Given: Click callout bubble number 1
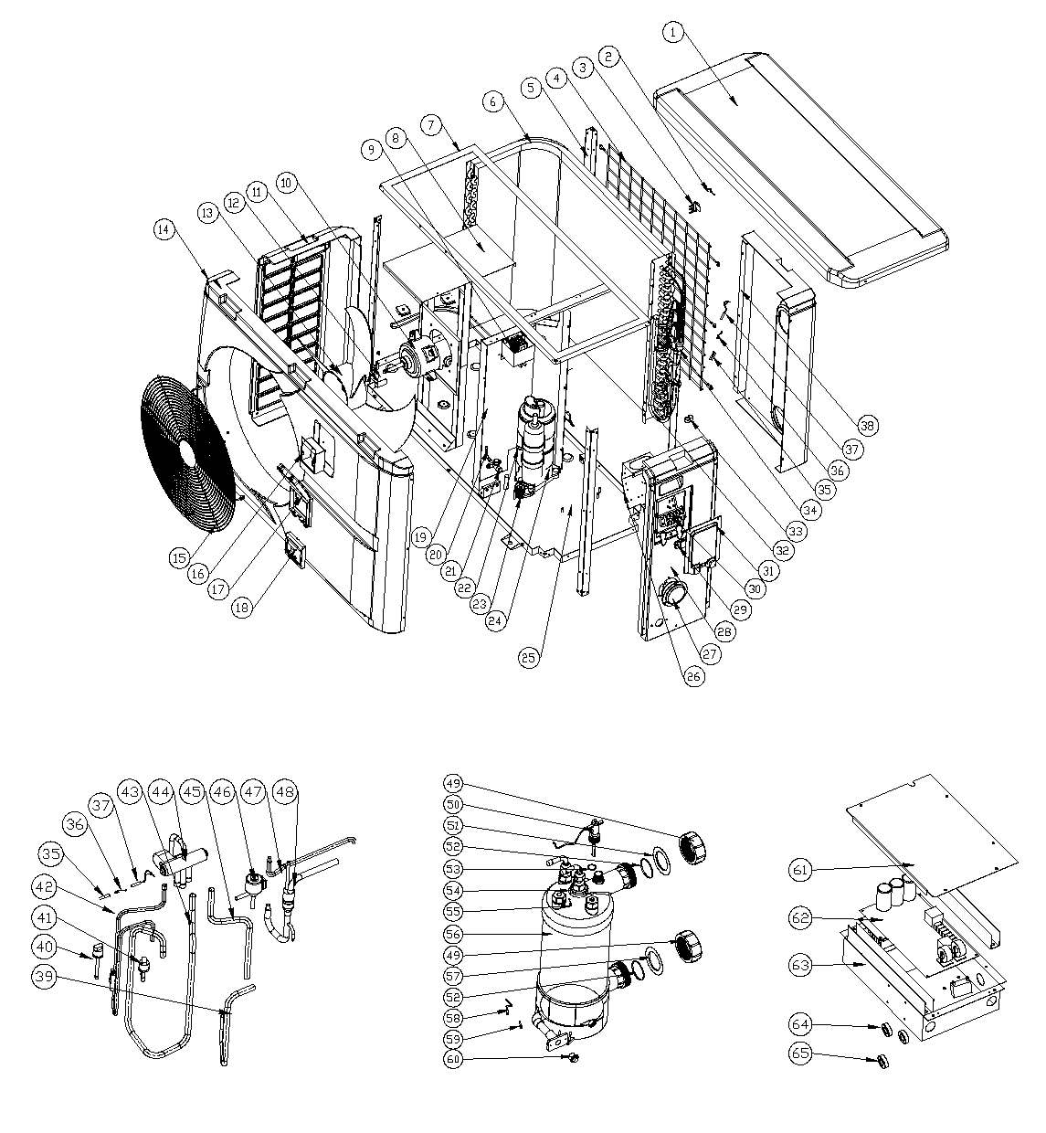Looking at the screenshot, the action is pyautogui.click(x=673, y=32).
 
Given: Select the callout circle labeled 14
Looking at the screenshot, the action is pyautogui.click(x=164, y=230).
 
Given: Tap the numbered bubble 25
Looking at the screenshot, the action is pyautogui.click(x=528, y=658).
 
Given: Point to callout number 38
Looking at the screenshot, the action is pyautogui.click(x=867, y=426).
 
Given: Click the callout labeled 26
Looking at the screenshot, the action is pyautogui.click(x=694, y=677).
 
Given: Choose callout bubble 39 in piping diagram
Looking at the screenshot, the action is pyautogui.click(x=45, y=976).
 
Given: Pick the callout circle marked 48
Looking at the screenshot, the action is pyautogui.click(x=285, y=792).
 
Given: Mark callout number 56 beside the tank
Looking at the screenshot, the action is pyautogui.click(x=454, y=934).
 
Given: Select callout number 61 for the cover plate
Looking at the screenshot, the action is pyautogui.click(x=800, y=870).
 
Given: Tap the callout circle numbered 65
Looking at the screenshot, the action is pyautogui.click(x=800, y=1053).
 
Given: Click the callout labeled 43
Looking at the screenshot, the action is pyautogui.click(x=130, y=792).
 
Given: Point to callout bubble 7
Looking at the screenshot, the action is pyautogui.click(x=431, y=124).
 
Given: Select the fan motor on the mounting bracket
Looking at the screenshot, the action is pyautogui.click(x=420, y=361).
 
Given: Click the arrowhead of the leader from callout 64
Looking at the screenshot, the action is pyautogui.click(x=880, y=1027).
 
